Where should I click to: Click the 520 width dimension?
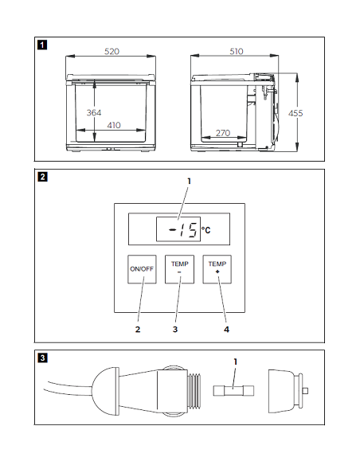point(112,52)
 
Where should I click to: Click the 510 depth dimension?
point(237,52)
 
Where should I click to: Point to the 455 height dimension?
point(295,113)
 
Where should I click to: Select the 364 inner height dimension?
point(94,113)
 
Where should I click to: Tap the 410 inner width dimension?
point(114,125)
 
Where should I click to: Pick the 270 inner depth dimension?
point(223,133)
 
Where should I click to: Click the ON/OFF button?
point(142,269)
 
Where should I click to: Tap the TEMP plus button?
point(217,269)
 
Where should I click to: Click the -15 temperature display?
point(178,229)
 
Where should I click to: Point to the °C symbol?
point(206,230)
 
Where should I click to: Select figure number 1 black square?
point(42,45)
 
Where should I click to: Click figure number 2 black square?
point(42,177)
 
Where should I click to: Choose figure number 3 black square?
point(42,358)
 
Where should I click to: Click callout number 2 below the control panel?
point(138,330)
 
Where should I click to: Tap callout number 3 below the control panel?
point(175,330)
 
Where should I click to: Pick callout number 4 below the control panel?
point(226,330)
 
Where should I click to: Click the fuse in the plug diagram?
point(233,391)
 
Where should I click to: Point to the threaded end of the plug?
point(194,391)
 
